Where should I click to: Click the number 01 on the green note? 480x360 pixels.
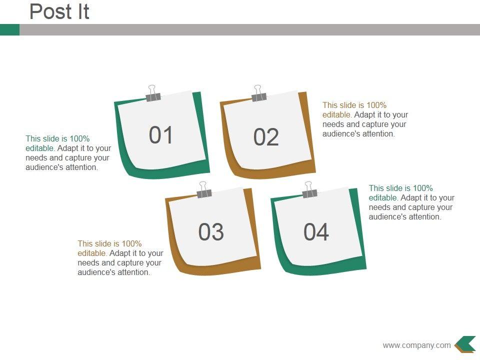pyautogui.click(x=160, y=134)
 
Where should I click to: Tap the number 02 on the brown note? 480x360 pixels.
pyautogui.click(x=266, y=137)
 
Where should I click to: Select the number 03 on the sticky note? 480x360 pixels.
pyautogui.click(x=211, y=231)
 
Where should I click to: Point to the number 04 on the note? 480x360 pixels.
pyautogui.click(x=316, y=231)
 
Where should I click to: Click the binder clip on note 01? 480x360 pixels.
pyautogui.click(x=153, y=93)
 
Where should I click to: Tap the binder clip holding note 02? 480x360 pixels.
pyautogui.click(x=258, y=93)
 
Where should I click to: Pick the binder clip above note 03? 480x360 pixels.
pyautogui.click(x=204, y=190)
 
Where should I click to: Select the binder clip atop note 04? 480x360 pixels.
pyautogui.click(x=309, y=190)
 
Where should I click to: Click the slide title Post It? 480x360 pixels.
pyautogui.click(x=59, y=11)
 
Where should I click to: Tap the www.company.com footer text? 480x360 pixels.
pyautogui.click(x=416, y=345)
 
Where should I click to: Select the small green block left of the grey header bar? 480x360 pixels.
pyautogui.click(x=10, y=29)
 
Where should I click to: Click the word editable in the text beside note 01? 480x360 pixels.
pyautogui.click(x=40, y=148)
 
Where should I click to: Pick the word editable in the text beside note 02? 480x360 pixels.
pyautogui.click(x=336, y=115)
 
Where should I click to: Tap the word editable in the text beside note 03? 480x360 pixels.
pyautogui.click(x=92, y=253)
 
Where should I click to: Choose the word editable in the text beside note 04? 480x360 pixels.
pyautogui.click(x=383, y=198)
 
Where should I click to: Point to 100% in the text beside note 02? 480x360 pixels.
pyautogui.click(x=376, y=105)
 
